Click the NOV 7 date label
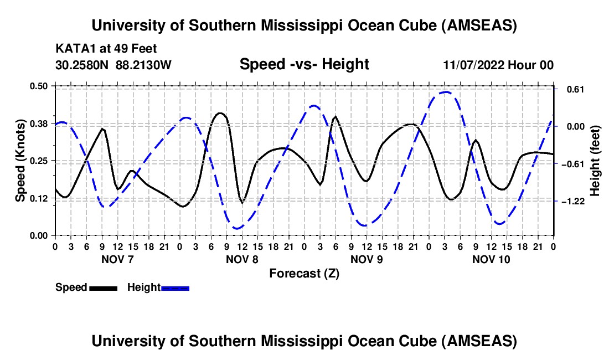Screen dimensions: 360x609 point(117,259)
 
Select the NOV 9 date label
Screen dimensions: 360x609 point(367,259)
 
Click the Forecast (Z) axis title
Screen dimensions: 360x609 point(304,273)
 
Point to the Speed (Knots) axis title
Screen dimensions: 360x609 point(20,161)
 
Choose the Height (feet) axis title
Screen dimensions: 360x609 point(595,161)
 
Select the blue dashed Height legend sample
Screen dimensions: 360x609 point(175,288)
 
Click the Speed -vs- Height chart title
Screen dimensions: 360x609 point(304,64)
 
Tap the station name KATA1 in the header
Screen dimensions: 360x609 point(74,49)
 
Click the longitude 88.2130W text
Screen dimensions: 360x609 point(144,65)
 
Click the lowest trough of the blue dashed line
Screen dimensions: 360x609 point(237,228)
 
